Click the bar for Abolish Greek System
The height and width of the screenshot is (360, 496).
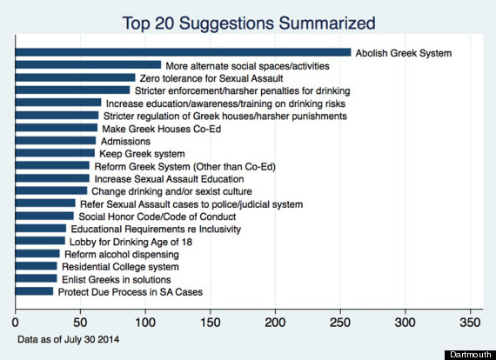click(x=183, y=52)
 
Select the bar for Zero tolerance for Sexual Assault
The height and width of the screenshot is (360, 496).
click(x=76, y=77)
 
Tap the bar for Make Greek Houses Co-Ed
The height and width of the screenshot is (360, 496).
click(x=57, y=128)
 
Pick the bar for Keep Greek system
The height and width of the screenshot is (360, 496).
click(x=55, y=153)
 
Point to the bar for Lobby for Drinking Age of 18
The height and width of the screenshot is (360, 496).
click(x=40, y=241)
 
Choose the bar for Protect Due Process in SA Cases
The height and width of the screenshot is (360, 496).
click(x=34, y=291)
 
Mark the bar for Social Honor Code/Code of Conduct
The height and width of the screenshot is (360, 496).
click(x=44, y=216)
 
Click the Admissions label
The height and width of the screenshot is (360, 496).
click(x=125, y=141)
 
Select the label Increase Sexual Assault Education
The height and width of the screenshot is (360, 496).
click(x=169, y=179)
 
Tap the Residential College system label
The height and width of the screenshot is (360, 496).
click(x=120, y=267)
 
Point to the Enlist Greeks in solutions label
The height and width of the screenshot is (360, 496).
click(x=116, y=279)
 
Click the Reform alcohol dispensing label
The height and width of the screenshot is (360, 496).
click(x=122, y=254)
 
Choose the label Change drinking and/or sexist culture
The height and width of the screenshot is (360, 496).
click(x=171, y=191)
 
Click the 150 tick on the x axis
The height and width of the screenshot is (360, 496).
click(x=211, y=323)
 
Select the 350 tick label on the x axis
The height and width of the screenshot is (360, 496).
click(x=471, y=323)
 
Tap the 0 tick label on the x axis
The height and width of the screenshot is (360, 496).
click(x=15, y=323)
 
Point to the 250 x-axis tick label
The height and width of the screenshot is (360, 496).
click(x=340, y=323)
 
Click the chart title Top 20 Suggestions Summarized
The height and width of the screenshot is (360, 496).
click(x=249, y=23)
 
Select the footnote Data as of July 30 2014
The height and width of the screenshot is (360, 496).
click(x=69, y=339)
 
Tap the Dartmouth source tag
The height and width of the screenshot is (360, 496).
click(x=471, y=355)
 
